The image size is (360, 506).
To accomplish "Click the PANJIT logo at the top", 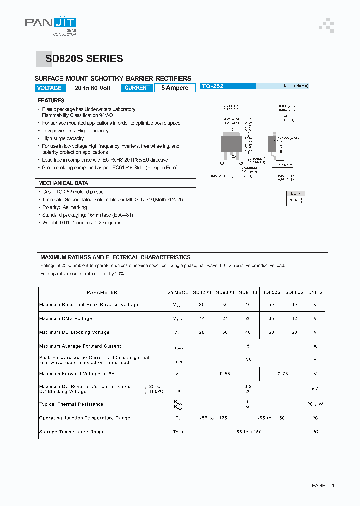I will pyautogui.click(x=51, y=24).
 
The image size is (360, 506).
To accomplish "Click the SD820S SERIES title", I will pyautogui.click(x=84, y=59).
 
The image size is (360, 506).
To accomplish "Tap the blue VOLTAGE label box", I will pyautogui.click(x=49, y=88).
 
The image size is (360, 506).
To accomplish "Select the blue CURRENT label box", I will pyautogui.click(x=137, y=88).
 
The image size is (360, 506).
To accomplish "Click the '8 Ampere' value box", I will pyautogui.click(x=175, y=88).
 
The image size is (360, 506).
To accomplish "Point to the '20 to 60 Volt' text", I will pyautogui.click(x=93, y=88).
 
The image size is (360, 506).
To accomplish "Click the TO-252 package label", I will pyautogui.click(x=212, y=86).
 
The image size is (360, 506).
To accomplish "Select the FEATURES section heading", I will pyautogui.click(x=51, y=100).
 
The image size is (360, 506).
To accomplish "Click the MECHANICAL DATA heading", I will pyautogui.click(x=63, y=183).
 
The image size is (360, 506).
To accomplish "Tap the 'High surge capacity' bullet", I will pyautogui.click(x=63, y=138).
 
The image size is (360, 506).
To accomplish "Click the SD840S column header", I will pyautogui.click(x=248, y=292).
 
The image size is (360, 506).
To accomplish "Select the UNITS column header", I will pyautogui.click(x=315, y=292).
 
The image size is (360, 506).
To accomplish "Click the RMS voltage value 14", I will pyautogui.click(x=202, y=318).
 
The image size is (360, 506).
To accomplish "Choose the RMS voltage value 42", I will pyautogui.click(x=294, y=318).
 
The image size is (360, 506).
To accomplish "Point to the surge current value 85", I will pyautogui.click(x=248, y=360).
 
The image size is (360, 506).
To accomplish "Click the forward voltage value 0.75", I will pyautogui.click(x=283, y=373).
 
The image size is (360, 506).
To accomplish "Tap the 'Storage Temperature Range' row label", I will pyautogui.click(x=72, y=432).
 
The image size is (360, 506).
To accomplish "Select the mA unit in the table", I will pyautogui.click(x=315, y=389).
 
